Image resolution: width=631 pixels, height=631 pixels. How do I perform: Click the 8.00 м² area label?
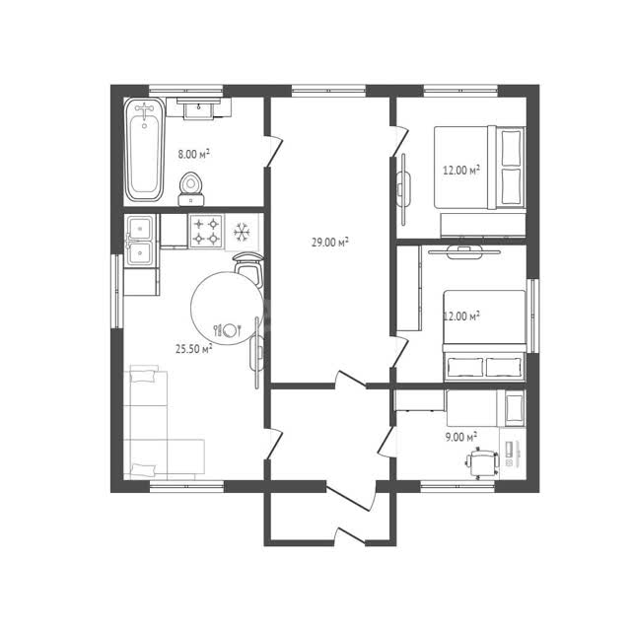pos(194,154)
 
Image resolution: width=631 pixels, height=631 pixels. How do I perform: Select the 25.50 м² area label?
pos(194,348)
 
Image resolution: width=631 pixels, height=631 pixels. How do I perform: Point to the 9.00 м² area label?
pos(461,437)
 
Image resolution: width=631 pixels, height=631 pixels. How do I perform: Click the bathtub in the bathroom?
pos(145,149)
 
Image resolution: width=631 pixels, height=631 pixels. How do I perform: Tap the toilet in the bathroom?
pos(190,189)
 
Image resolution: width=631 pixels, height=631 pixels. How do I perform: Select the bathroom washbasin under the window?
pos(198,107)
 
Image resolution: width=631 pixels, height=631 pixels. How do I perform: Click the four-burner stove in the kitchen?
pos(206,232)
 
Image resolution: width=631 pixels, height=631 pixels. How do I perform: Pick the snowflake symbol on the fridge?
pos(242,232)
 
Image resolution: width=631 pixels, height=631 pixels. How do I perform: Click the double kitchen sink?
pos(139,241)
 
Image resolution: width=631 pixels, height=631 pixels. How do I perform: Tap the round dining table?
pos(228,309)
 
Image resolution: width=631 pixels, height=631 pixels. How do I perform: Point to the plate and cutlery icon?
pos(228,330)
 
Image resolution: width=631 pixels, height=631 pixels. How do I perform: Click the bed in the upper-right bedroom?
pos(480,168)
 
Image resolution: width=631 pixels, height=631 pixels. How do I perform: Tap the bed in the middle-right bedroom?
pos(484,335)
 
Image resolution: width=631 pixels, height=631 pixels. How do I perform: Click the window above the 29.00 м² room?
pos(328,91)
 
